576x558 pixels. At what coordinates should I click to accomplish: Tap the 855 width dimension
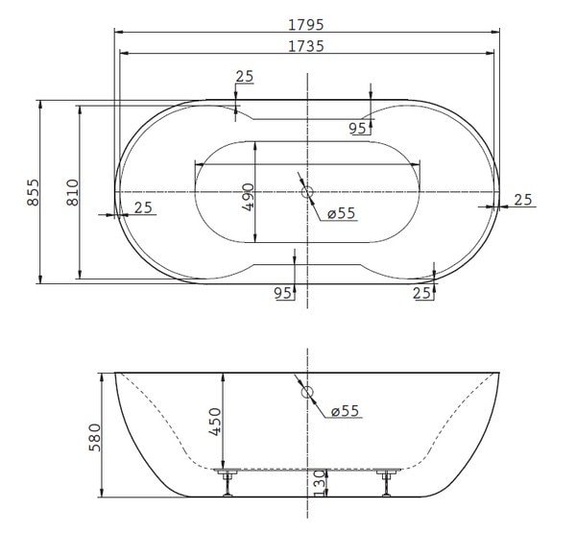pos(33,196)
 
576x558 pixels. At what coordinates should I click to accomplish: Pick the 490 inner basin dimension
pos(249,197)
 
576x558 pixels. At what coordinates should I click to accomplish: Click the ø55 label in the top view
pos(342,213)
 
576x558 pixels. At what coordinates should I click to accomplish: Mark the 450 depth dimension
pos(215,422)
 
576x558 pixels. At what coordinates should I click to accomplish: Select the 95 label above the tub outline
pos(357,127)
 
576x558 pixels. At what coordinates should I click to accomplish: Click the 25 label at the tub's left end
pos(143,206)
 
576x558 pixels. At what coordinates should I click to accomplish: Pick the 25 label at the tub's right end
pos(523,199)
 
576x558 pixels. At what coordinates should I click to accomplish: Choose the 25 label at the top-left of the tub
pos(244,77)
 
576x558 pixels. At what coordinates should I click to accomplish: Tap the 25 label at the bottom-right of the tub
pos(421,293)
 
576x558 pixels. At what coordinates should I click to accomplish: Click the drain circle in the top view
pos(308,192)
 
